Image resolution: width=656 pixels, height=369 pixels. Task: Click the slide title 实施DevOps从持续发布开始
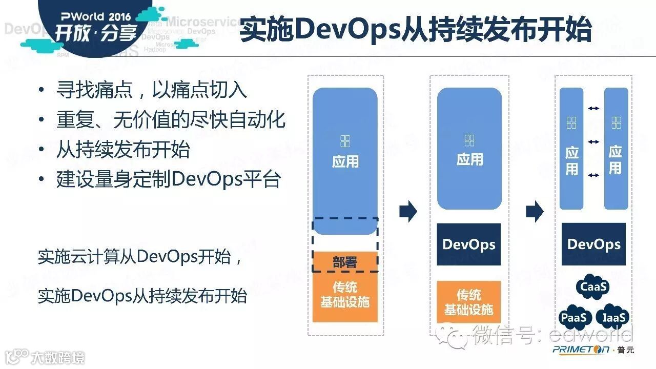[x=416, y=30]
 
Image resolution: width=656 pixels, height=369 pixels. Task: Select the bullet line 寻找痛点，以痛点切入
[x=152, y=90]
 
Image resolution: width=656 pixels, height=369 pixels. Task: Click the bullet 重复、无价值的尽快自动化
[x=171, y=120]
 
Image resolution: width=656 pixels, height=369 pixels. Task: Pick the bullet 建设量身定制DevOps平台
[x=169, y=179]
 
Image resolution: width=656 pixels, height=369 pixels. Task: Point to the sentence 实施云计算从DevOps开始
[x=139, y=256]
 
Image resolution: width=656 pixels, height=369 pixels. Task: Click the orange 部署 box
[x=345, y=262]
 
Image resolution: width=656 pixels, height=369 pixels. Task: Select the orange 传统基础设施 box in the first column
[x=345, y=295]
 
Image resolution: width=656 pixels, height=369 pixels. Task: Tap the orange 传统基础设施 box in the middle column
[x=468, y=302]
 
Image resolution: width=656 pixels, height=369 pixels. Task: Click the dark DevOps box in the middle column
[x=468, y=244]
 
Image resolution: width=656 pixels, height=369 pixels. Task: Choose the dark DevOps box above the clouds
[x=593, y=244]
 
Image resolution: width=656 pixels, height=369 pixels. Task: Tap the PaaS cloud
[x=573, y=318]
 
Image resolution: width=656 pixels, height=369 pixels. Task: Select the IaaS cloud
[x=614, y=318]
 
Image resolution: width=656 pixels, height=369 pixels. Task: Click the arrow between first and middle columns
[x=408, y=211]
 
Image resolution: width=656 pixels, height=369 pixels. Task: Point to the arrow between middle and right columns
[x=535, y=211]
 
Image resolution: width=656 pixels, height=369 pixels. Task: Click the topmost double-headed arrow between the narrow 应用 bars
[x=593, y=108]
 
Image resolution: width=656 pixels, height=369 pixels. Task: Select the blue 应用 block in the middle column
[x=469, y=148]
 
